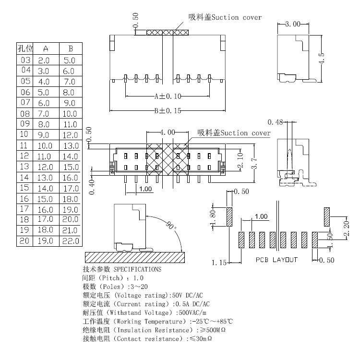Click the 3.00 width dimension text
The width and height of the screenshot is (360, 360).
pos(293,24)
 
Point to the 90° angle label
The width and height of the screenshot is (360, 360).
pos(170,226)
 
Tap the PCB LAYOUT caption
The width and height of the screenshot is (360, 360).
pos(276,260)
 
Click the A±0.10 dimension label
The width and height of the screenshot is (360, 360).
pos(168,96)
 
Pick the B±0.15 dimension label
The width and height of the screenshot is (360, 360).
pos(168,111)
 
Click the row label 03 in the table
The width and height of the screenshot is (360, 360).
pos(25,60)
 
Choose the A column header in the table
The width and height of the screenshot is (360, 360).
pos(46,48)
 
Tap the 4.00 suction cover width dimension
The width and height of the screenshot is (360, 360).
pos(168,132)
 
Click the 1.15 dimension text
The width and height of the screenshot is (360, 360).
pos(219,262)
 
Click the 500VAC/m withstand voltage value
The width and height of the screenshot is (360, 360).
pos(187,312)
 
